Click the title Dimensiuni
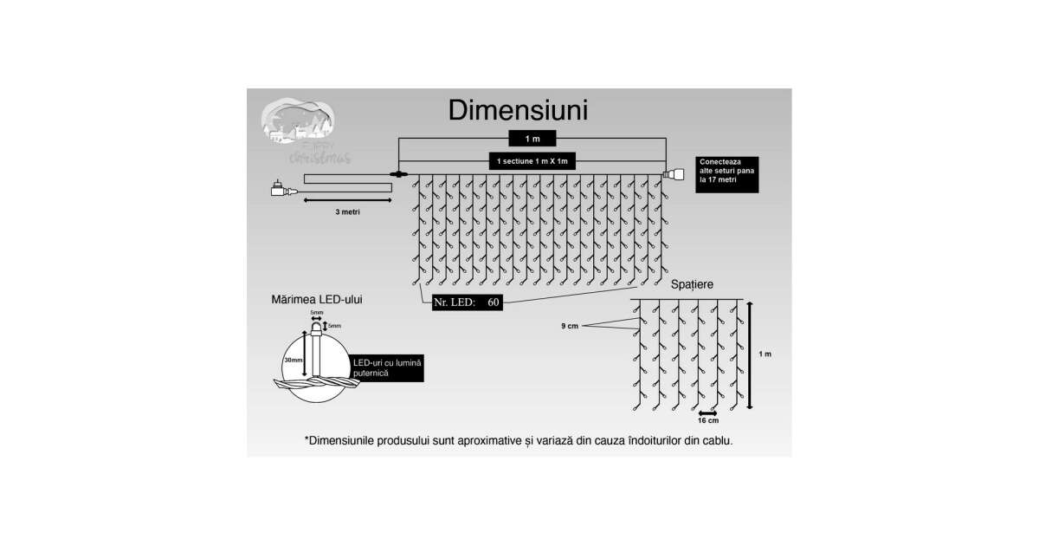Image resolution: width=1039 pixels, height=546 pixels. click(519, 111)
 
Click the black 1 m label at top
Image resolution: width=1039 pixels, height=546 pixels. click(532, 139)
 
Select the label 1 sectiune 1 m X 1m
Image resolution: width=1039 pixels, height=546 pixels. click(532, 161)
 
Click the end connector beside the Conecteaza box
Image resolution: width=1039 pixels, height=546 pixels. click(671, 175)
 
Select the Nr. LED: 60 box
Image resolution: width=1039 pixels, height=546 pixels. click(468, 302)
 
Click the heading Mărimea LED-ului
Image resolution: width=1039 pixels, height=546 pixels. click(317, 299)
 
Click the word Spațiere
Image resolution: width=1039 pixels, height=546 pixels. click(693, 284)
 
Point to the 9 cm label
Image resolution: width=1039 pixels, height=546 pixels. click(569, 326)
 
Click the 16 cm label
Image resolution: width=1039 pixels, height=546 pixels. click(707, 421)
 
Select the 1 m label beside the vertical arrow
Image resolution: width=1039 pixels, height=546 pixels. click(765, 354)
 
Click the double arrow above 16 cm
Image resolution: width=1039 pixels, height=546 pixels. click(707, 413)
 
